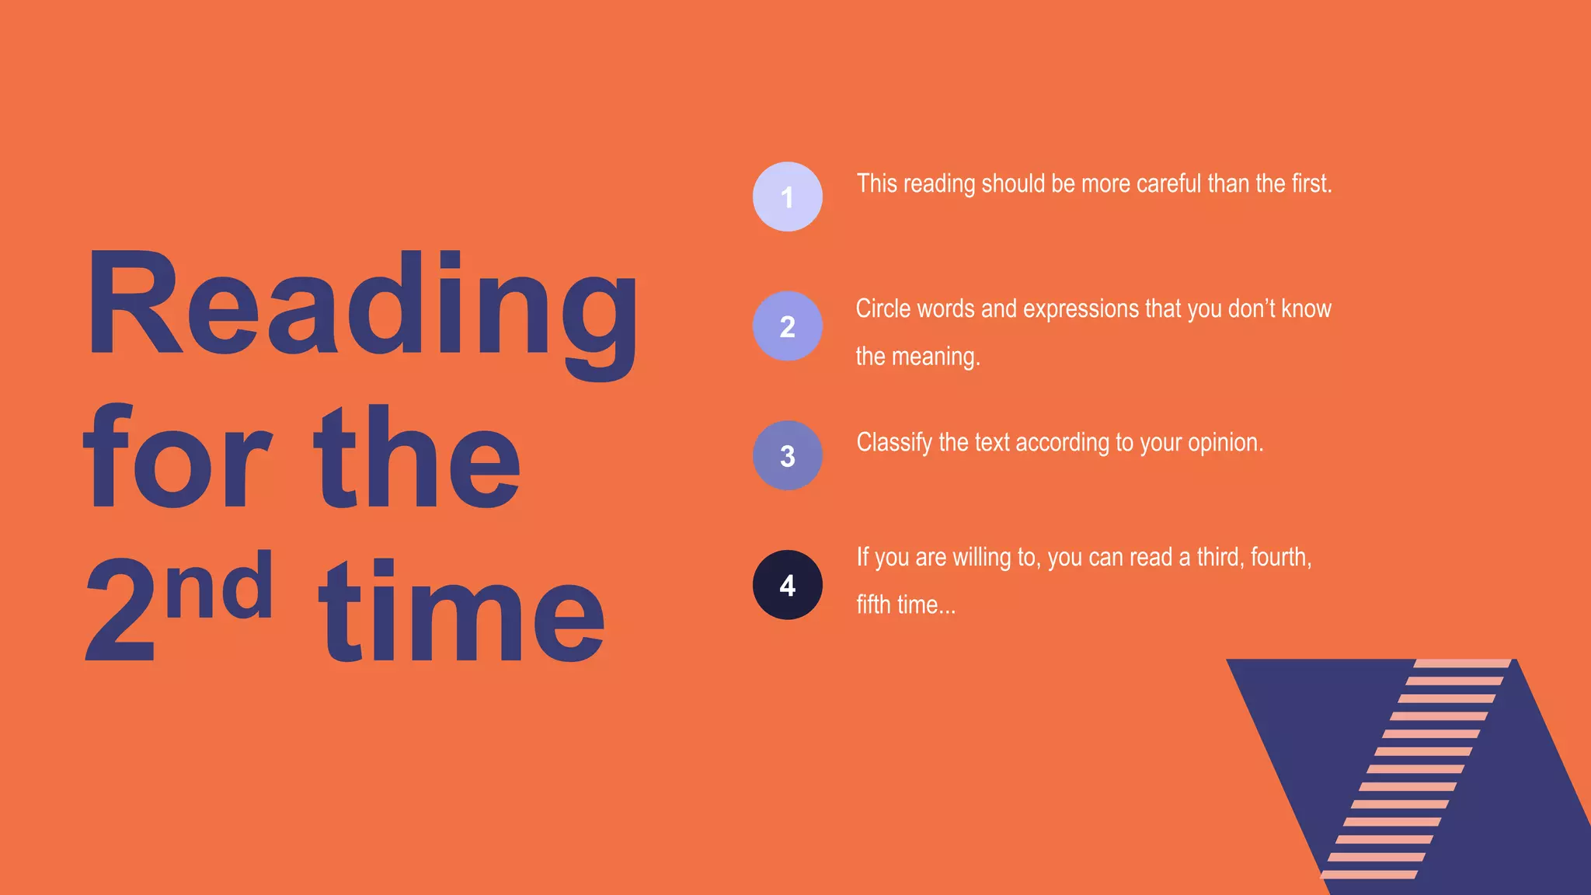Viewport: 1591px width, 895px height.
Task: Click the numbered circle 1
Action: [787, 197]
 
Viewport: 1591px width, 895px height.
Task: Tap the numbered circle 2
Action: [787, 326]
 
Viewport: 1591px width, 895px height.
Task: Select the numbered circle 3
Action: [787, 455]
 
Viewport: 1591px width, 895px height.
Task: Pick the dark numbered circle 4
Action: [787, 585]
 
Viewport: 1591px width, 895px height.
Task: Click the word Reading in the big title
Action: [361, 307]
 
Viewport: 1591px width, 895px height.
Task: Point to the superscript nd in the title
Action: [220, 587]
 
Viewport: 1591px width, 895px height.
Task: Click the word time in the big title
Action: [461, 614]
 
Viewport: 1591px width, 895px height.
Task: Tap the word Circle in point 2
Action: [883, 309]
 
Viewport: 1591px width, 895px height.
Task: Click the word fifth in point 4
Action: [873, 605]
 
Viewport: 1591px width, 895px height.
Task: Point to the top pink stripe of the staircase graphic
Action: [1462, 663]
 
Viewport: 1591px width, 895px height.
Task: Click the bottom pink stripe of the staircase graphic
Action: [1369, 875]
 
